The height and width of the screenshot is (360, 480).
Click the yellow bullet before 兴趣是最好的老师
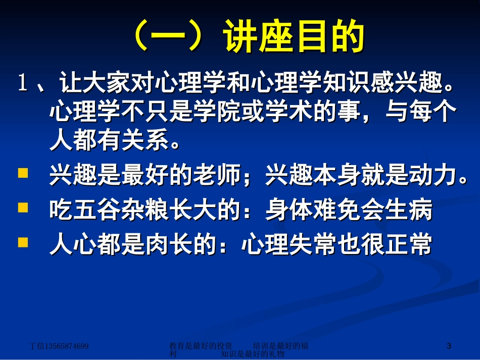click(23, 174)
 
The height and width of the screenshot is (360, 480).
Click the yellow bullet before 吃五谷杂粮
click(23, 207)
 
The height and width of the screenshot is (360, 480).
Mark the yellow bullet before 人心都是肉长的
click(23, 242)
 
